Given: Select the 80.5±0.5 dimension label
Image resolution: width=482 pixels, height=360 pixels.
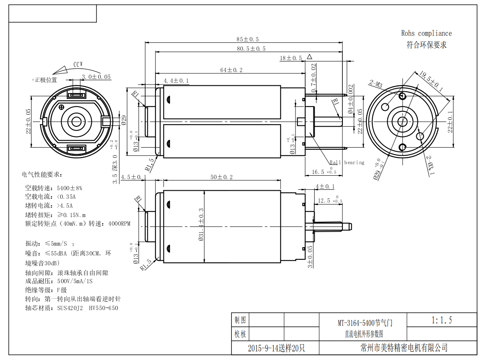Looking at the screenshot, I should coord(251,49).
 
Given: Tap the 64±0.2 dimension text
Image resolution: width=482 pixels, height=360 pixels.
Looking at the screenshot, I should coord(231,70).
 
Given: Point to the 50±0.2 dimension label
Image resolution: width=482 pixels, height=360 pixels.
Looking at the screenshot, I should coord(221,177).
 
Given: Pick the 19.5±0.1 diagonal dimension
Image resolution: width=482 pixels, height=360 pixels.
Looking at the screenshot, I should coord(431,81).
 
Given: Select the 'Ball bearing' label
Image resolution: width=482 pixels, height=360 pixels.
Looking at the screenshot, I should coord(347,163).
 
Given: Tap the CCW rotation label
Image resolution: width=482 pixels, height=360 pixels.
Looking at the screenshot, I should coord(78,65).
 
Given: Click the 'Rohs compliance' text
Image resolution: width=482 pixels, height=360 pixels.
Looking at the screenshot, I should coord(426,33).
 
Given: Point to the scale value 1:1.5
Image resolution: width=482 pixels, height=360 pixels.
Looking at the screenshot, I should coord(442,320).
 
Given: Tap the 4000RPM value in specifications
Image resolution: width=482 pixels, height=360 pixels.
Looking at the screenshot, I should coord(119,224).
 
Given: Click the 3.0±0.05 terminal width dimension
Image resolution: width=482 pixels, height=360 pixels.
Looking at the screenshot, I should coord(96,77).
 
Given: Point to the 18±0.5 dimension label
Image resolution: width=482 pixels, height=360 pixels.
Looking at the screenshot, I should coord(291,58).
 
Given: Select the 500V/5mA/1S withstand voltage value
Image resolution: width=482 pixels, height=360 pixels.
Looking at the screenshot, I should coord(75,282).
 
